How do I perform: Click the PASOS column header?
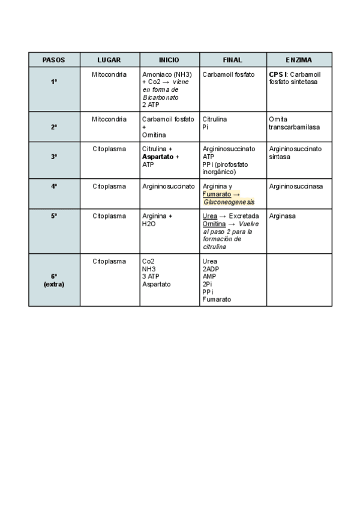tap(54, 60)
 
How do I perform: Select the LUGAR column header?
tap(109, 60)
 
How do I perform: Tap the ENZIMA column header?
tap(299, 60)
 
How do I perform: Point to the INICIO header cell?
tap(169, 60)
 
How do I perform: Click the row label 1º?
tap(54, 82)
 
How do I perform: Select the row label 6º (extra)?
tap(54, 280)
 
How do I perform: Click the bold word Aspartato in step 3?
tap(158, 157)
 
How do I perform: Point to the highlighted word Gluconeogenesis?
tap(229, 202)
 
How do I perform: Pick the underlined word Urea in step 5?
tap(210, 216)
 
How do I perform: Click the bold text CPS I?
tap(278, 74)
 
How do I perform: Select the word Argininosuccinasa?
tap(296, 187)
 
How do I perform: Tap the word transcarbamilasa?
tap(295, 127)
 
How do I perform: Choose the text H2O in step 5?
tap(149, 224)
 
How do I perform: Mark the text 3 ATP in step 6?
tap(151, 277)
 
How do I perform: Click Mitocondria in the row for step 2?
tap(109, 119)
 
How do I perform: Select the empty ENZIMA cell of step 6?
tap(299, 280)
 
